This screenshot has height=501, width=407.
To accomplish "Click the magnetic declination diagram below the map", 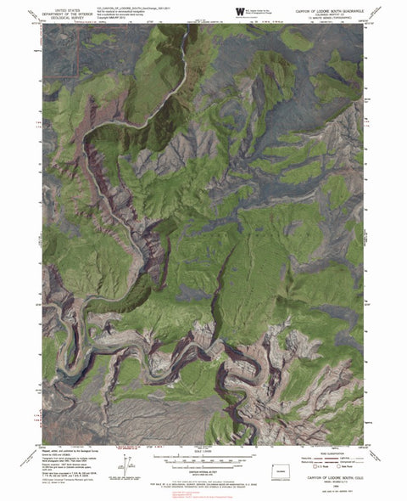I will pos(126,462).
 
